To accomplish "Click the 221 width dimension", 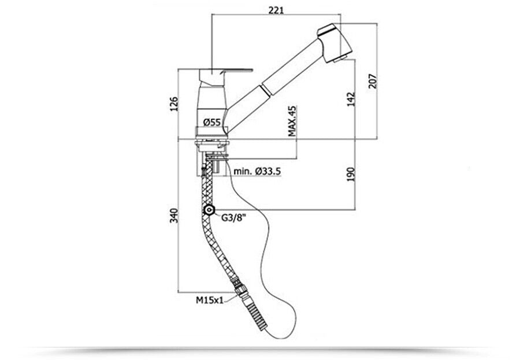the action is [276, 10].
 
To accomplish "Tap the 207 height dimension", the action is [373, 81].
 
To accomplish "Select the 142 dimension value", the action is [351, 99].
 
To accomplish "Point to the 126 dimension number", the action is [174, 104].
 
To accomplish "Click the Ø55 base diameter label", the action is [212, 122].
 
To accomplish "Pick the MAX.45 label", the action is [292, 121].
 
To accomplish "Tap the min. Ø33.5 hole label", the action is [257, 171].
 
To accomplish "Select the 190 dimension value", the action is [351, 174].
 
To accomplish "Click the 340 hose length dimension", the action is [174, 215].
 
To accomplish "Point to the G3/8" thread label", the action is [234, 218].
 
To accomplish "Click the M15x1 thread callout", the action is [210, 300].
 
